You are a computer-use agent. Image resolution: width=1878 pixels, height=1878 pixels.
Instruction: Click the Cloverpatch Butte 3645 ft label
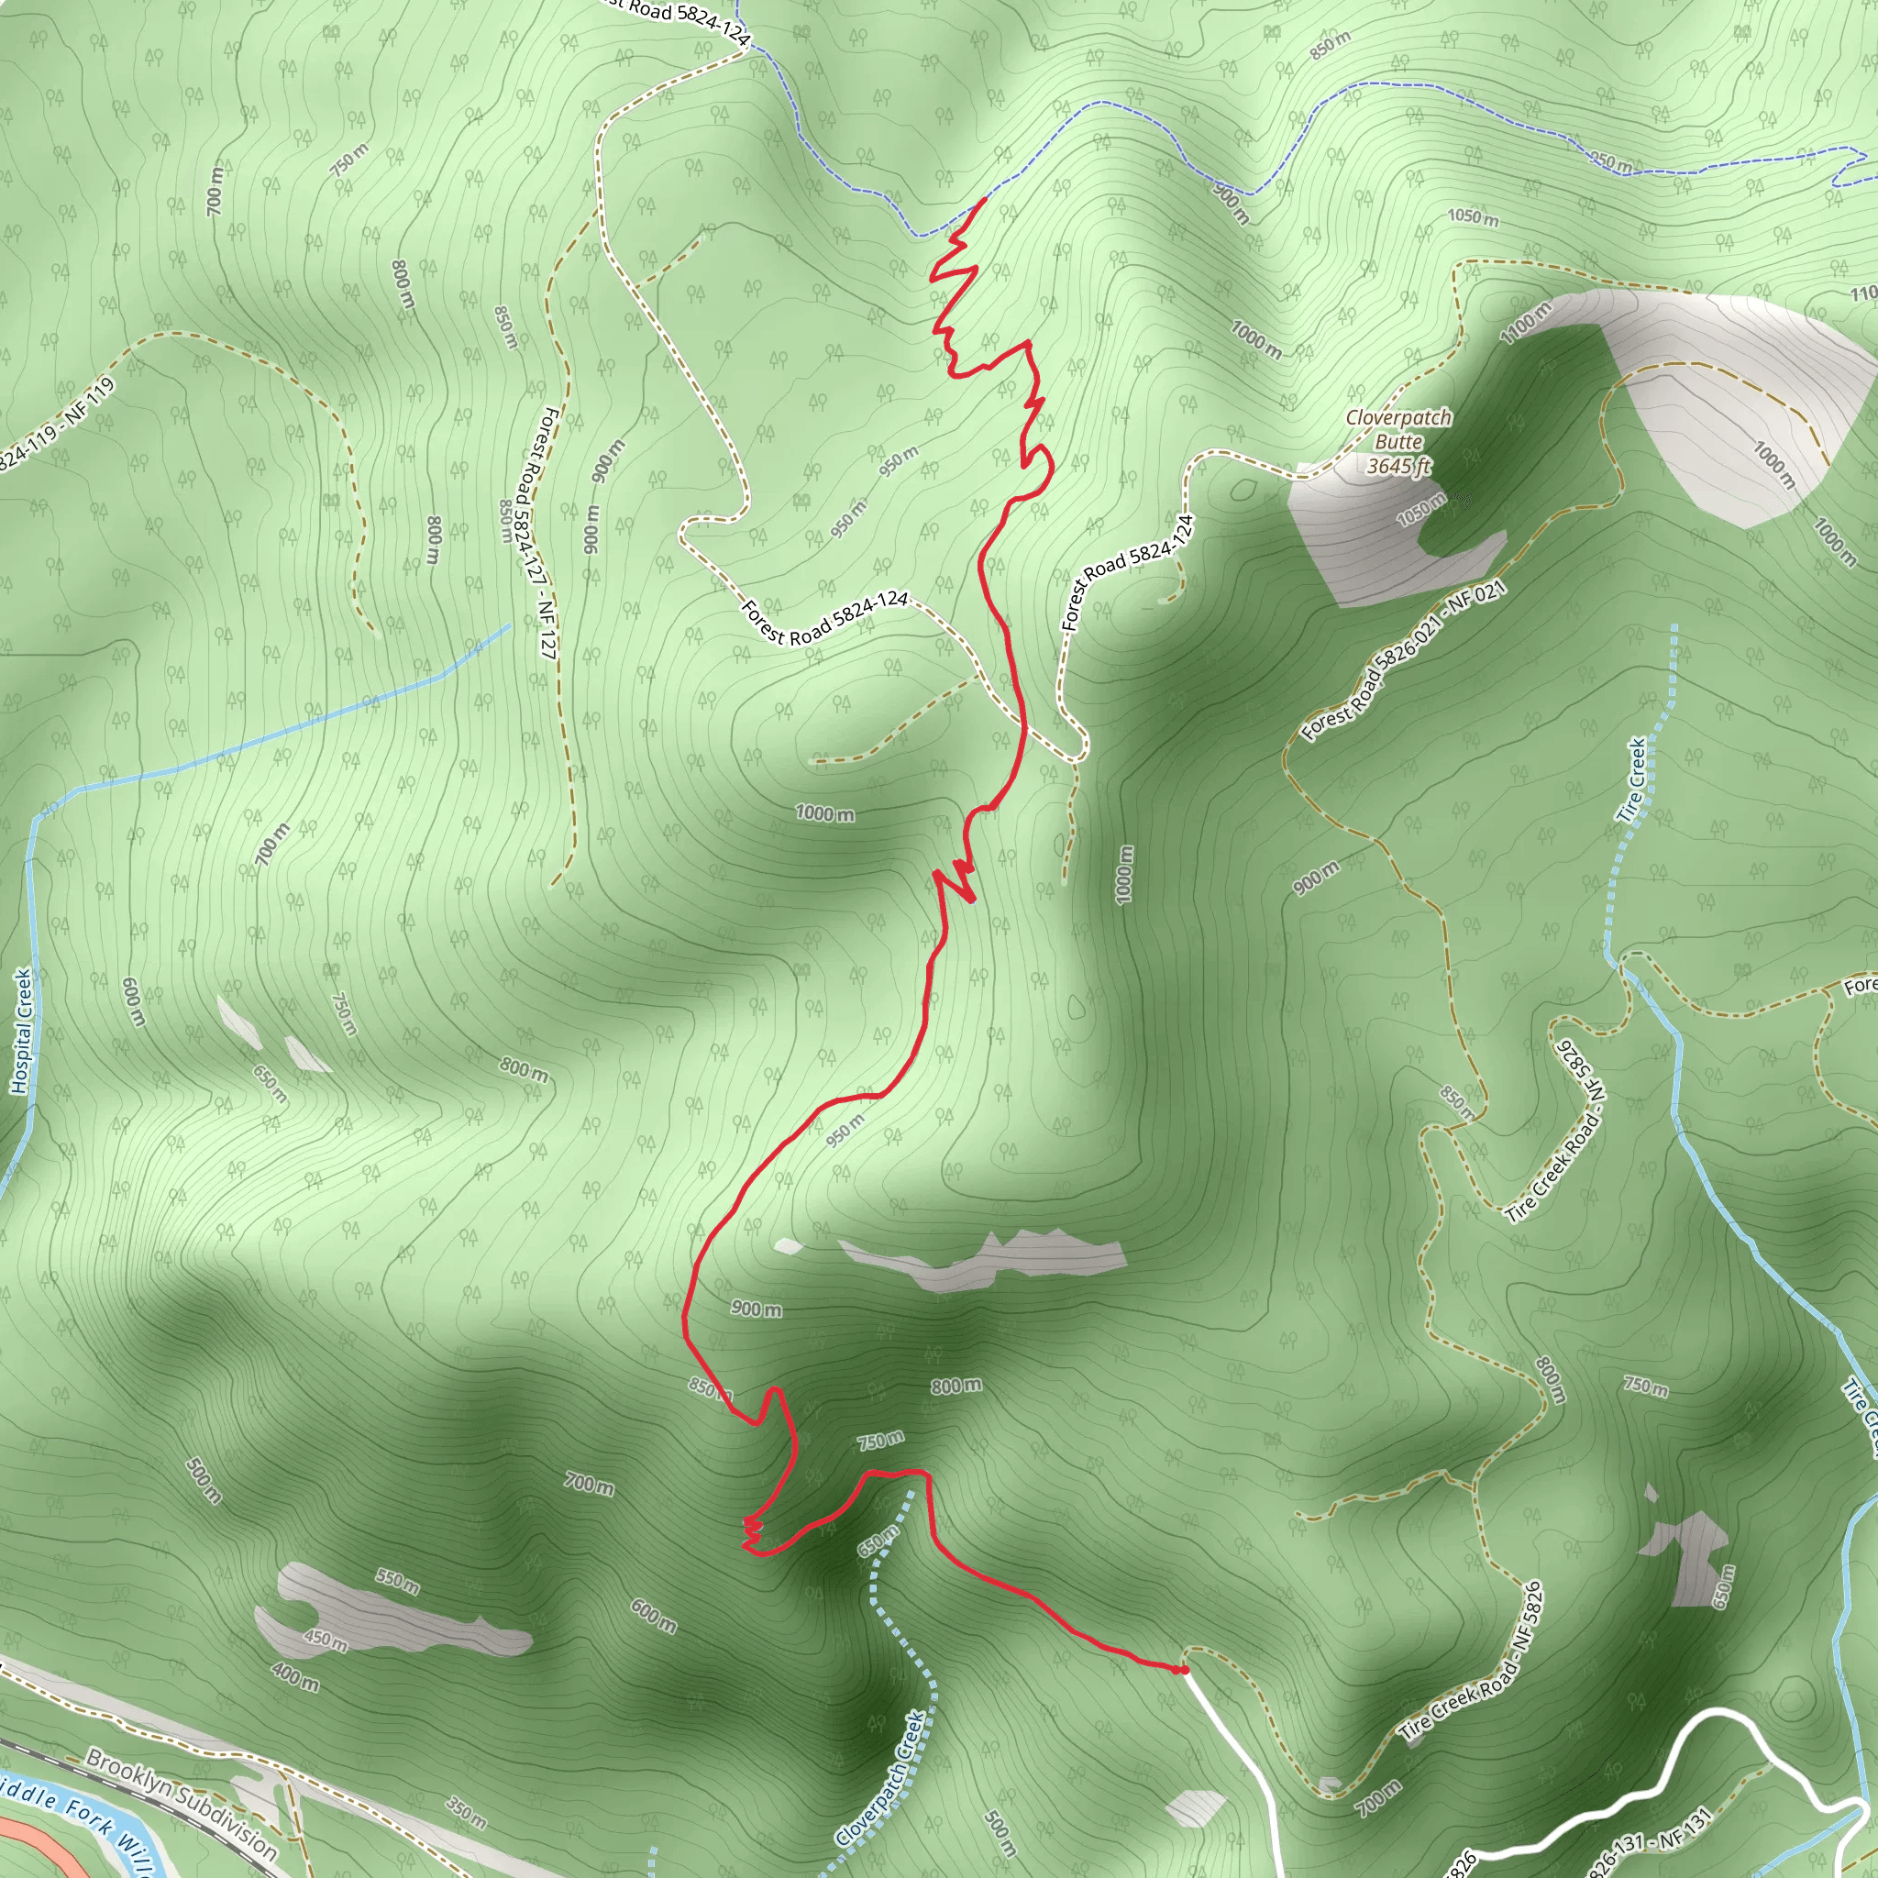[1397, 442]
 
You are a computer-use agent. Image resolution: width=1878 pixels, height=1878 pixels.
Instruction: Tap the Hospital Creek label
[21, 1031]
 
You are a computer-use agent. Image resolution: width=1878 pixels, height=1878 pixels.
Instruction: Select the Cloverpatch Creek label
[879, 1778]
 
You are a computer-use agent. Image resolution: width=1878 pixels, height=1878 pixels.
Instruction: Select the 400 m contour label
[295, 1676]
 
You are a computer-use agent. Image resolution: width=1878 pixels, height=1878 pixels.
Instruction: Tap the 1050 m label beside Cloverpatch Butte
[1420, 511]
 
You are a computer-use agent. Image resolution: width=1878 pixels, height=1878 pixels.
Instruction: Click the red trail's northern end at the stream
[985, 199]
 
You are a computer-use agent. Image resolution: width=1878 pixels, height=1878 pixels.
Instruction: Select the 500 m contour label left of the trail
[204, 1480]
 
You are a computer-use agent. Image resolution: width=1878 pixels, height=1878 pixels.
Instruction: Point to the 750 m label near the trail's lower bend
[880, 1440]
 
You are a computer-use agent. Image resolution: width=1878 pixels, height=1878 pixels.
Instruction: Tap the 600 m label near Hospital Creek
[133, 1001]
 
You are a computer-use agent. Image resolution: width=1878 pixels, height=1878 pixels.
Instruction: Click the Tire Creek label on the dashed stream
[1637, 779]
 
